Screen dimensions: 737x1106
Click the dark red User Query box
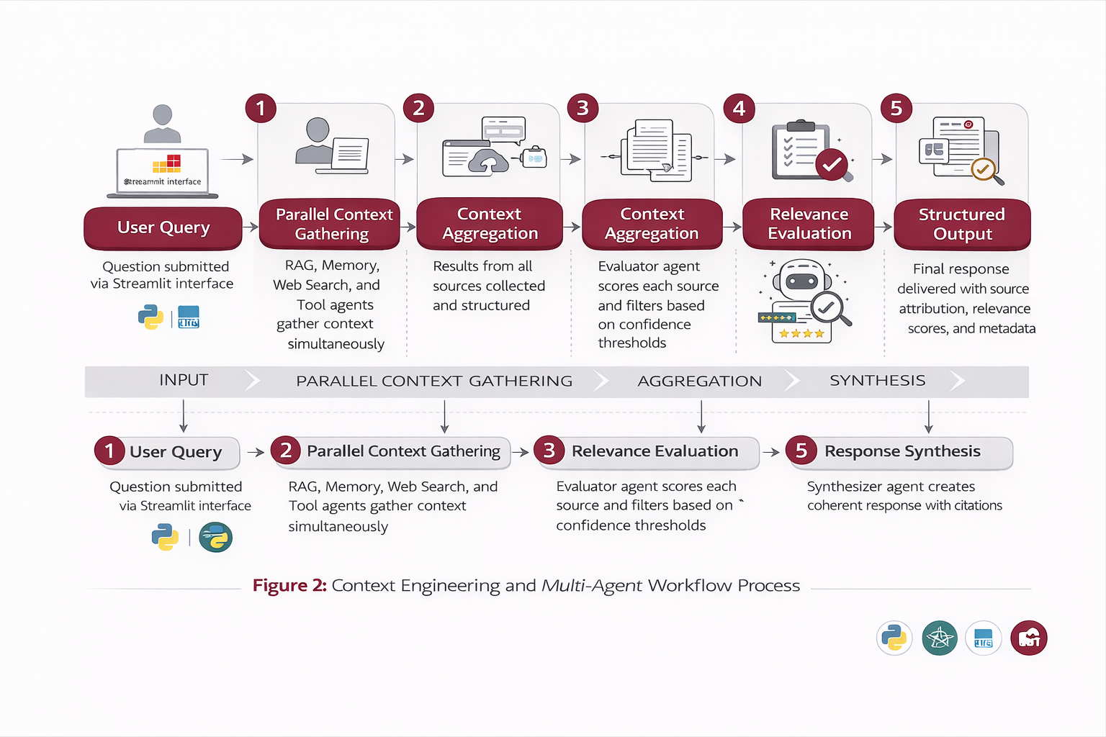click(x=163, y=228)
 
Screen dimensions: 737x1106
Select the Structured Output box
click(x=962, y=225)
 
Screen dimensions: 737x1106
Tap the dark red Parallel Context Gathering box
click(x=333, y=225)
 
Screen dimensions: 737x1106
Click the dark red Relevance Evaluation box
click(x=809, y=225)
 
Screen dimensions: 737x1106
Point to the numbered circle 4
click(x=739, y=109)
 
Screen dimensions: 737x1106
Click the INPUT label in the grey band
click(x=184, y=380)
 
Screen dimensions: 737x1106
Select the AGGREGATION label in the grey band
click(x=699, y=381)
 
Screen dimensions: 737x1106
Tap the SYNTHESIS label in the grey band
click(x=877, y=381)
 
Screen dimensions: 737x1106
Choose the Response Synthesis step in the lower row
click(x=902, y=452)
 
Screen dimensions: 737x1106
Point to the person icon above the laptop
click(x=163, y=123)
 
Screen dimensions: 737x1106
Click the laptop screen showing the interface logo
click(x=163, y=171)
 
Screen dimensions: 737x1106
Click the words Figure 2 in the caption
click(x=289, y=586)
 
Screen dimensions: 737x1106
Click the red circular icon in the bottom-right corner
click(x=1028, y=638)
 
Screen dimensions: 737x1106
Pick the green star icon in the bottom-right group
click(x=939, y=638)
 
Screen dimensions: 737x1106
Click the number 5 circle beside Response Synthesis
click(x=801, y=451)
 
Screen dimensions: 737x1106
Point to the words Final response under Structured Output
click(x=961, y=269)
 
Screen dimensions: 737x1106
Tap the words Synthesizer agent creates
click(x=891, y=487)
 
